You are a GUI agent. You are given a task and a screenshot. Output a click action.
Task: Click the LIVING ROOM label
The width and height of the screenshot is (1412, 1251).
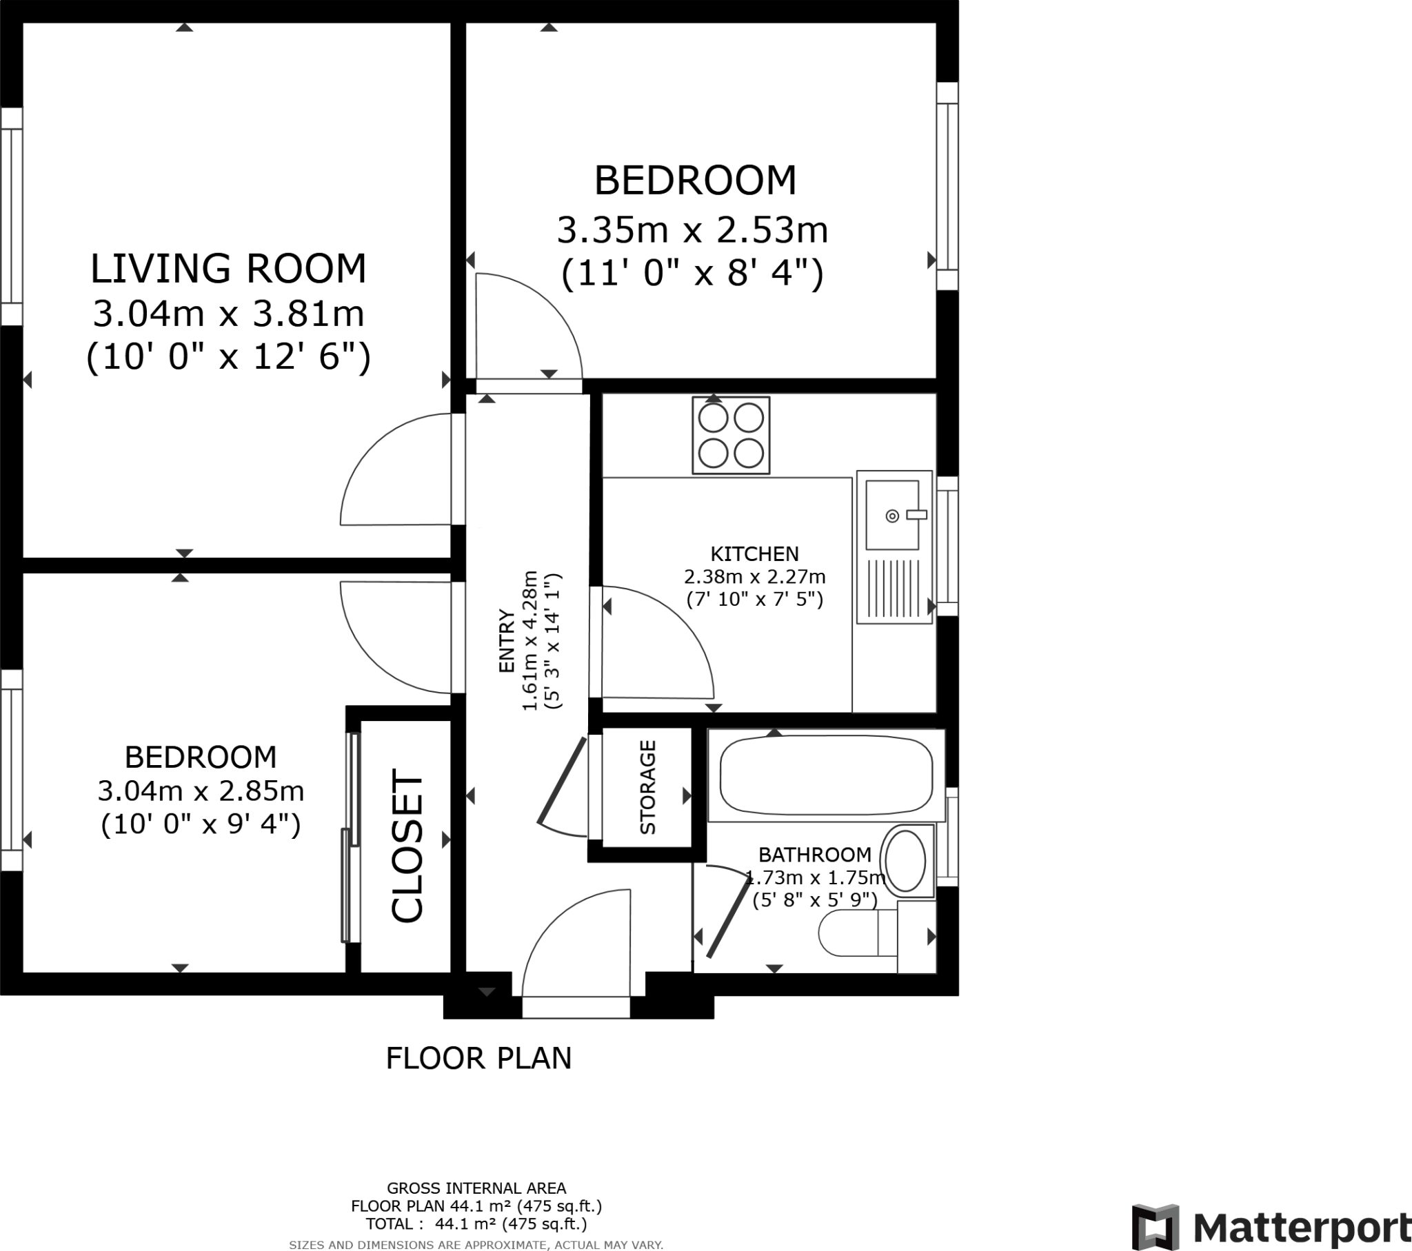click(x=228, y=269)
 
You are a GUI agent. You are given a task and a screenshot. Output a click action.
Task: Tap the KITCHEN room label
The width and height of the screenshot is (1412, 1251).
click(x=754, y=554)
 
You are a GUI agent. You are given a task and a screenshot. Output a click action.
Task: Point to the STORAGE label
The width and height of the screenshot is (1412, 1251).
click(x=647, y=787)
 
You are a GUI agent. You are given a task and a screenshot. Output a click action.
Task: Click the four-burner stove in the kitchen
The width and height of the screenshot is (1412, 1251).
click(x=731, y=435)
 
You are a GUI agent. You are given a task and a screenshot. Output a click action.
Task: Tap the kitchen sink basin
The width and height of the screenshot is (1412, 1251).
click(x=892, y=516)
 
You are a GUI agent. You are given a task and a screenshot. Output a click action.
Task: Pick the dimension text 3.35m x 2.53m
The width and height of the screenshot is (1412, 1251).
click(x=692, y=230)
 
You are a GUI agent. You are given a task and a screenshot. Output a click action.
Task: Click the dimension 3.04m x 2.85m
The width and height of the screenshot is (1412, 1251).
click(x=201, y=791)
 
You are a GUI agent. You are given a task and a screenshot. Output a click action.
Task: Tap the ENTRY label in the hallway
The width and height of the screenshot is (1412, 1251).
click(x=507, y=641)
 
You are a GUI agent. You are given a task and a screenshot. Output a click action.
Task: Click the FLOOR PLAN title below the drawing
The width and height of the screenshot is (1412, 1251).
click(x=478, y=1058)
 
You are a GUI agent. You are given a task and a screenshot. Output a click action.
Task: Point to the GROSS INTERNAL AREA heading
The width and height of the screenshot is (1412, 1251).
click(x=476, y=1188)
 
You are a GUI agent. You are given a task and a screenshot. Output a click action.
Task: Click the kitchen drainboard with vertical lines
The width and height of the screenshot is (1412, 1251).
click(x=894, y=588)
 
